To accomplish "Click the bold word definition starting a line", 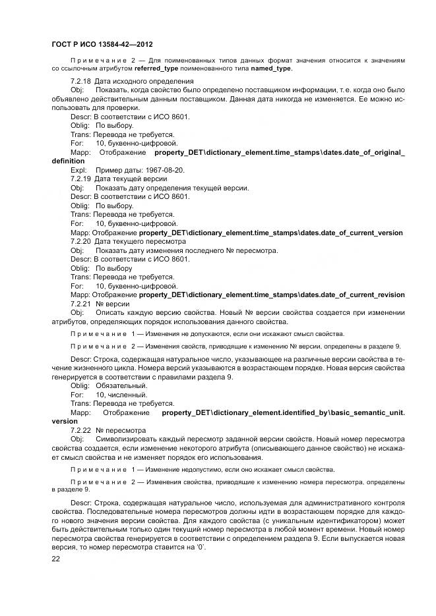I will (68, 160).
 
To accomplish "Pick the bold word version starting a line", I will (64, 420).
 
